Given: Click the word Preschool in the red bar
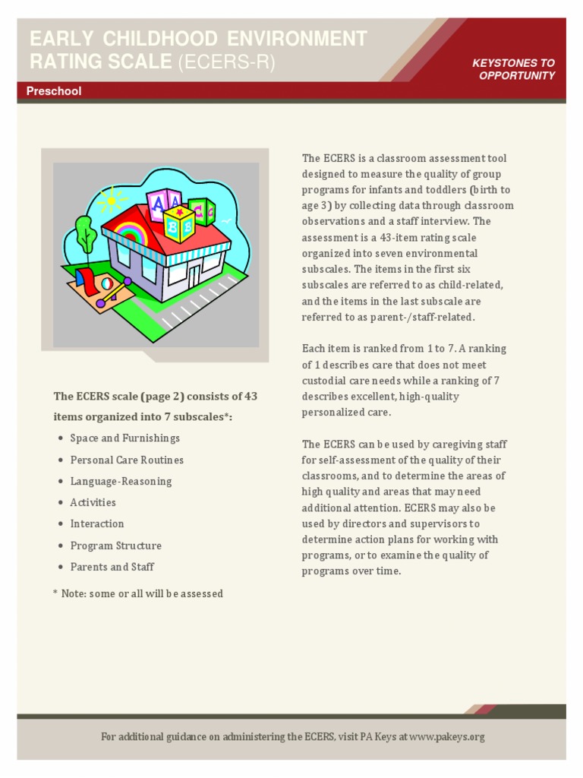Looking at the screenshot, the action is coord(54,91).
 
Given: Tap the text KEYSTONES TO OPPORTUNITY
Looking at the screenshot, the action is coord(513,69).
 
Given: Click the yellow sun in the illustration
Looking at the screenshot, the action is coord(112,201).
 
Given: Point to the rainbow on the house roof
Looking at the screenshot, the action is coord(130,231).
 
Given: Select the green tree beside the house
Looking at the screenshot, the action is coord(85,234).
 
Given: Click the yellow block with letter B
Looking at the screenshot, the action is coord(178,223).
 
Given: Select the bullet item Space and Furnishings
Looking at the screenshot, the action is coord(124,438).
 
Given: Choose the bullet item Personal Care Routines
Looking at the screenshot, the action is coord(127,460).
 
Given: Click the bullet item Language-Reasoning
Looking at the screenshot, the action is coord(121,481).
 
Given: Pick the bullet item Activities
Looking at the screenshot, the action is coord(93,502).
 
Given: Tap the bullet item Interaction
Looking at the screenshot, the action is coord(96,523).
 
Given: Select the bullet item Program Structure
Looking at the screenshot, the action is coord(115,546).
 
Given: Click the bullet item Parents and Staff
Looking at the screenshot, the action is coord(112,567).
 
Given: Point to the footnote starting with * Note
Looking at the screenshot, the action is coord(137,593).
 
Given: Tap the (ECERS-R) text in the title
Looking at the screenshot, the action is coord(225,62).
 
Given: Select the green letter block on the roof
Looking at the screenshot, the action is coord(203,211).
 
